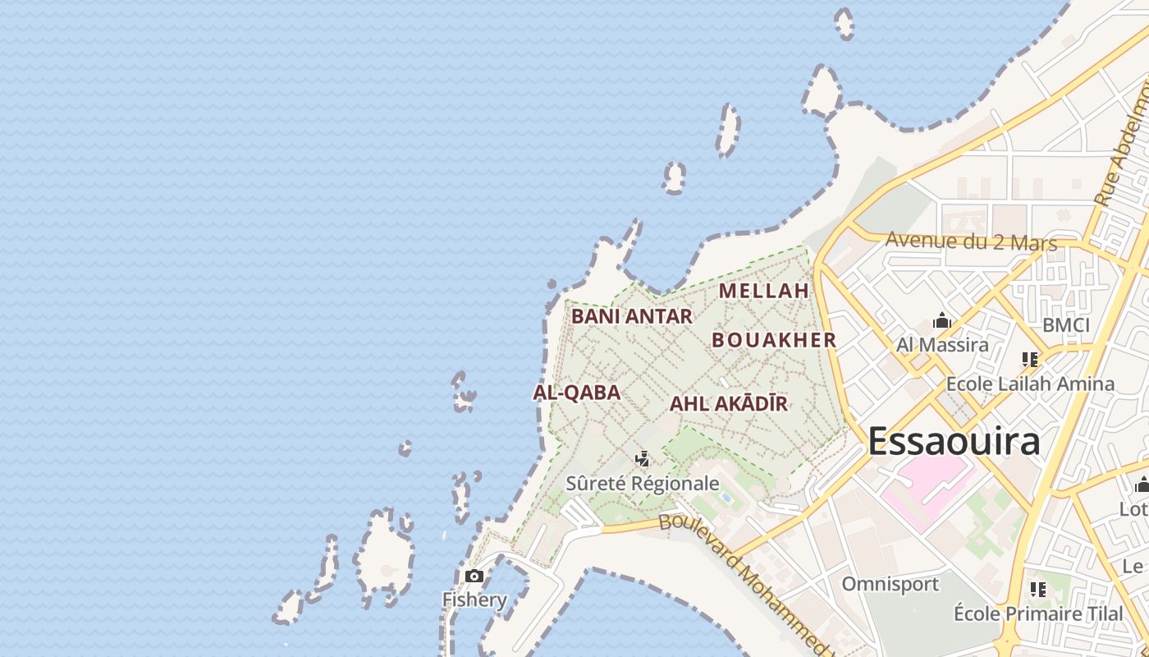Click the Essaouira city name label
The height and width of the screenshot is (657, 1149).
(x=954, y=441)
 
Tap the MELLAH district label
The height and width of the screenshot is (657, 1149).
(x=763, y=291)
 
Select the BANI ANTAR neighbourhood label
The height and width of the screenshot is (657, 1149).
(x=632, y=316)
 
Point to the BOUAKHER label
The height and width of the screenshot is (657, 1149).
(x=773, y=340)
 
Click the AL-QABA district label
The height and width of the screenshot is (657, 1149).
(x=576, y=393)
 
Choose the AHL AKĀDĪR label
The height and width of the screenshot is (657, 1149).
(x=728, y=404)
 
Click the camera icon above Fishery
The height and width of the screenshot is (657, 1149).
(x=474, y=577)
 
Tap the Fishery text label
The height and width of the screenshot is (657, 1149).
(x=474, y=600)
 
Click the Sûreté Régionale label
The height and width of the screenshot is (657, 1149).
(x=642, y=484)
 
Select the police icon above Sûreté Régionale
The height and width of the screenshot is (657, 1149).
(x=643, y=459)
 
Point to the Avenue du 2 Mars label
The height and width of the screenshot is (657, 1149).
(x=971, y=241)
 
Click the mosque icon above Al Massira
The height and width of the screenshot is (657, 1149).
(x=942, y=321)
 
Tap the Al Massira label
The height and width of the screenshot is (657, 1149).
(x=942, y=344)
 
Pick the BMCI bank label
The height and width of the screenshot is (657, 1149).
(x=1065, y=325)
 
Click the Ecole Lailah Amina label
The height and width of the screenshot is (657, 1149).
(x=1030, y=384)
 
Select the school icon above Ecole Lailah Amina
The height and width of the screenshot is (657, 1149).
(x=1030, y=360)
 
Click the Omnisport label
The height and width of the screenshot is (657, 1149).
(x=890, y=584)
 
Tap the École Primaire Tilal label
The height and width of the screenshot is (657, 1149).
(x=1037, y=613)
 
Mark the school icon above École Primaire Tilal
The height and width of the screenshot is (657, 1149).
(x=1038, y=590)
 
